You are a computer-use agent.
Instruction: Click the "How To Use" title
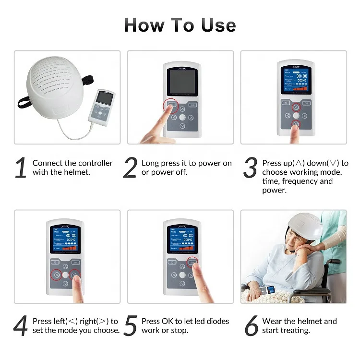click(180, 25)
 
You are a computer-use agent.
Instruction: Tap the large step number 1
click(21, 168)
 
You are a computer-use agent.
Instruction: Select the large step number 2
click(130, 168)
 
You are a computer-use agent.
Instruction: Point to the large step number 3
click(251, 168)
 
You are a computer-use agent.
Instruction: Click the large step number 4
click(21, 326)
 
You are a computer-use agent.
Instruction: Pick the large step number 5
click(130, 326)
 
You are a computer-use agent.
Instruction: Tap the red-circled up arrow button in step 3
click(296, 107)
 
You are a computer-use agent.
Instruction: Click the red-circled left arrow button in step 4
click(56, 275)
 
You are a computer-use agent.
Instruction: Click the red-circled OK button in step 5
click(192, 262)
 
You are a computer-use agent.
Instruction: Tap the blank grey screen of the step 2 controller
click(181, 82)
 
